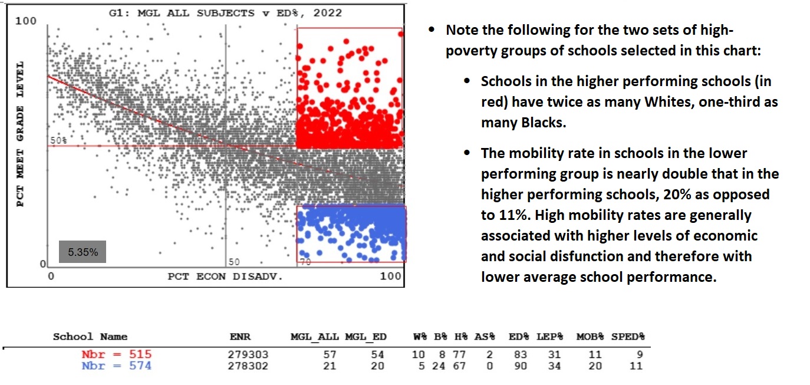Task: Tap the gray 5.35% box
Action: (83, 252)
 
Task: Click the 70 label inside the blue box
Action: (304, 262)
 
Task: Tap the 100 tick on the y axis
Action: (26, 21)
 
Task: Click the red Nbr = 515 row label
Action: (116, 354)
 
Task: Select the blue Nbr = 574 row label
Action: (116, 366)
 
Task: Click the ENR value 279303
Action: (248, 355)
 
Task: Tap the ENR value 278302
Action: (248, 366)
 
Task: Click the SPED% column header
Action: (628, 337)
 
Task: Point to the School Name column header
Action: (90, 337)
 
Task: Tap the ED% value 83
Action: (519, 355)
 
